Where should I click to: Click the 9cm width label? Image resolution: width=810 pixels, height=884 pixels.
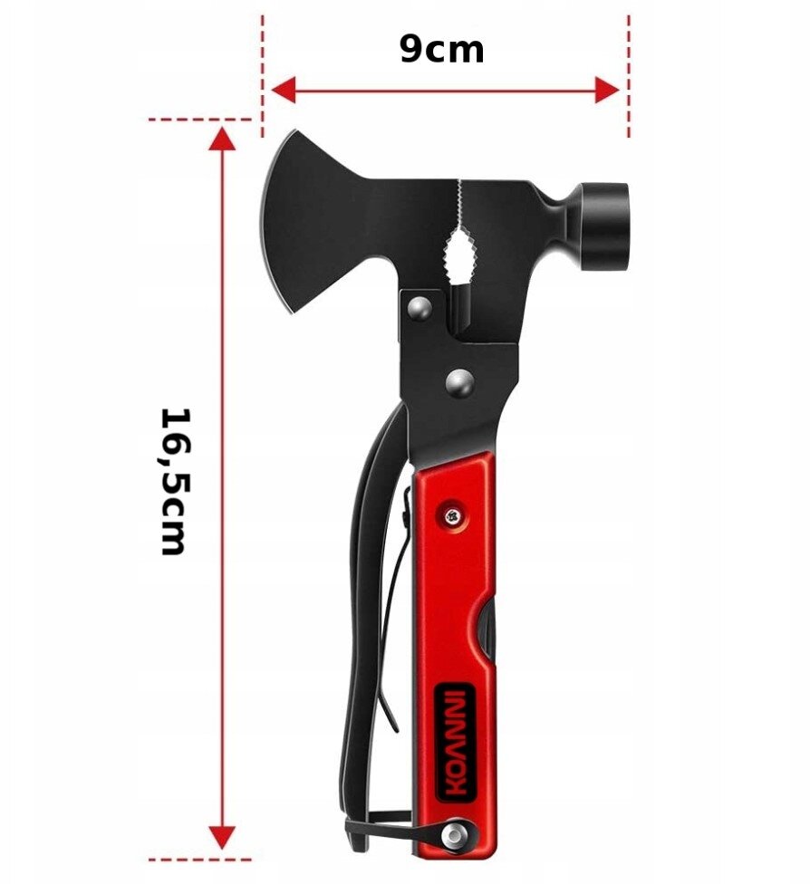pos(441,50)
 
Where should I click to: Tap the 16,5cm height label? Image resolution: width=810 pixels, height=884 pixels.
pos(173,482)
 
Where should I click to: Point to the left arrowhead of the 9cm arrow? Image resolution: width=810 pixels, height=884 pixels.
pos(284,91)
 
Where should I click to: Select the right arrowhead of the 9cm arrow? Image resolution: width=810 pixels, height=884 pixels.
pos(607,91)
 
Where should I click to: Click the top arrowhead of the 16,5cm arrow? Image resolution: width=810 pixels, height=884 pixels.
pos(222,139)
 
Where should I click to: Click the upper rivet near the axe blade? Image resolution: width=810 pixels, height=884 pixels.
pos(419,307)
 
